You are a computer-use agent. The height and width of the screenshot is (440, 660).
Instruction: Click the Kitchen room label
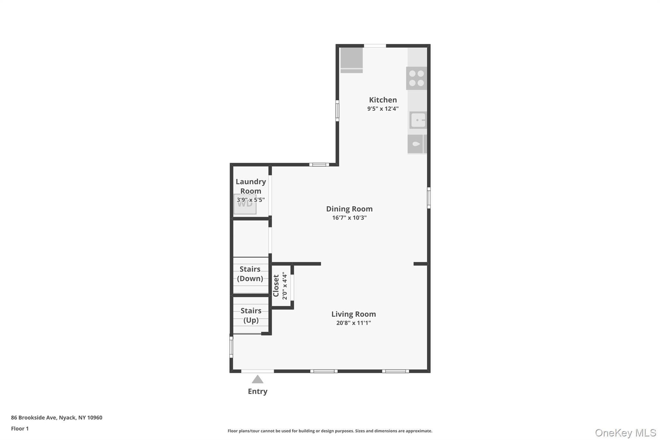coord(383,100)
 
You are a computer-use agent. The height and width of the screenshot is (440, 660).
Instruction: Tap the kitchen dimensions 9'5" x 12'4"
coord(383,109)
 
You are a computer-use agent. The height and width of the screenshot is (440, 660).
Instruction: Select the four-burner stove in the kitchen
coord(416,78)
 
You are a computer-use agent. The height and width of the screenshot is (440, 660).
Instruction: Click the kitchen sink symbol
coord(418,120)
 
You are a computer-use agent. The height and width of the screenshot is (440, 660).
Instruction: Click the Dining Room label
coord(349,209)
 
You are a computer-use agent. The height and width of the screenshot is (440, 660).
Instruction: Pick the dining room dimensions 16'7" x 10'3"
coord(349,218)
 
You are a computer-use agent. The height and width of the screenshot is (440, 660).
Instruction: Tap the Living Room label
coord(354,314)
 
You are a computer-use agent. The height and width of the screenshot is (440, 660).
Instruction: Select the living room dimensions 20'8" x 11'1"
coord(354,323)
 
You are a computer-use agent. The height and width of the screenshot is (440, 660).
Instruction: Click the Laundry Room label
coord(251,186)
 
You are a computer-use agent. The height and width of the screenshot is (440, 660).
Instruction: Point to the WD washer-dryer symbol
coord(245,204)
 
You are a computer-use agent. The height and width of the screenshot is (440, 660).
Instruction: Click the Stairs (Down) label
coord(250,274)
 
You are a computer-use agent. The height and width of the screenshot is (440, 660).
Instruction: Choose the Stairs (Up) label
coord(251,315)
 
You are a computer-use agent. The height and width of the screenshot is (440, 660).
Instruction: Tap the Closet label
coord(276,286)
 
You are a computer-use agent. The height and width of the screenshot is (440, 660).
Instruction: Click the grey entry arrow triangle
coord(257,379)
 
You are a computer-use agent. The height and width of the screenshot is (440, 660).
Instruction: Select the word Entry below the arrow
coord(257,392)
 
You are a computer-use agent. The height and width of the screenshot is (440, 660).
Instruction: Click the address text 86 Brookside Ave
coord(34,418)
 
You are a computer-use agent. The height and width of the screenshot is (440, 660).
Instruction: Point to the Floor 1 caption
coord(20,429)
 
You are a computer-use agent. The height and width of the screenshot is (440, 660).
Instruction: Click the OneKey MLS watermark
coord(626,433)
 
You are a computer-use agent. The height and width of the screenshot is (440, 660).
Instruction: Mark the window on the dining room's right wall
coord(429,198)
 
